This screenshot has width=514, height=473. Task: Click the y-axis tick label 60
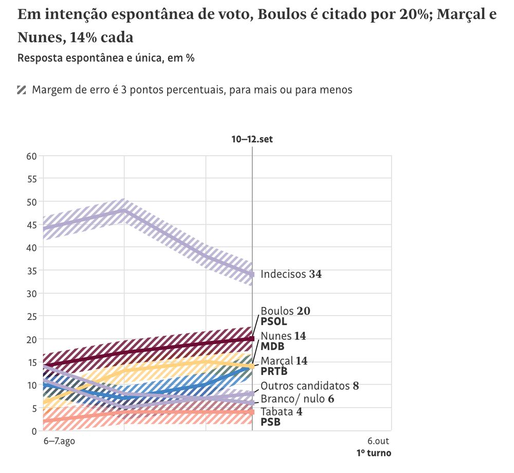pyautogui.click(x=32, y=156)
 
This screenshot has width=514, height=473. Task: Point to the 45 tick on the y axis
pyautogui.click(x=32, y=225)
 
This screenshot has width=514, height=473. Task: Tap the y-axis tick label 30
pyautogui.click(x=32, y=294)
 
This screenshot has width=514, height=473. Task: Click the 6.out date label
pyautogui.click(x=379, y=441)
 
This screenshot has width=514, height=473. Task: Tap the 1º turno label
pyautogui.click(x=374, y=453)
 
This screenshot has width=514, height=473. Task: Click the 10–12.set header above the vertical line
pyautogui.click(x=252, y=139)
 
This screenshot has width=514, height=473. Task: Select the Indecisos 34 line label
pyautogui.click(x=291, y=275)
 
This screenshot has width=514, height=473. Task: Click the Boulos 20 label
pyautogui.click(x=285, y=311)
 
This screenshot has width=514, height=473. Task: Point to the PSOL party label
pyautogui.click(x=274, y=321)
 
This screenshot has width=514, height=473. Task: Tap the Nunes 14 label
pyautogui.click(x=283, y=336)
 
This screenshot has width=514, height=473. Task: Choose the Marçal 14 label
pyautogui.click(x=284, y=361)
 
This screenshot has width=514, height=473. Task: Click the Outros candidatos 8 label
pyautogui.click(x=309, y=386)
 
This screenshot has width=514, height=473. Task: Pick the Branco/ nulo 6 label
pyautogui.click(x=298, y=399)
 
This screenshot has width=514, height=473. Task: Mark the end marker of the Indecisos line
pyautogui.click(x=252, y=275)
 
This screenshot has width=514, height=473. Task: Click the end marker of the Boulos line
pyautogui.click(x=252, y=339)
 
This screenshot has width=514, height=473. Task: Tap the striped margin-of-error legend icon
pyautogui.click(x=22, y=90)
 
